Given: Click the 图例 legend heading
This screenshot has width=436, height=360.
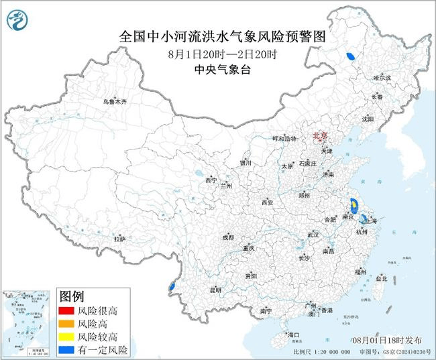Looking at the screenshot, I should (72, 296).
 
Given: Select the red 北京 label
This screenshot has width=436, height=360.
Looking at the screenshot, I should (320, 136).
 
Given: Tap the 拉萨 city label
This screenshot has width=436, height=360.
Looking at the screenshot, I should (119, 239).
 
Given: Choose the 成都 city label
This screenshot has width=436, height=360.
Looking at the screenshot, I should (228, 237).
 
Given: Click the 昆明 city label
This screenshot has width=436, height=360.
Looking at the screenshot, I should (215, 290).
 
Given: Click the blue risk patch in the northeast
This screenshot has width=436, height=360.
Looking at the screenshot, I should (349, 57).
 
